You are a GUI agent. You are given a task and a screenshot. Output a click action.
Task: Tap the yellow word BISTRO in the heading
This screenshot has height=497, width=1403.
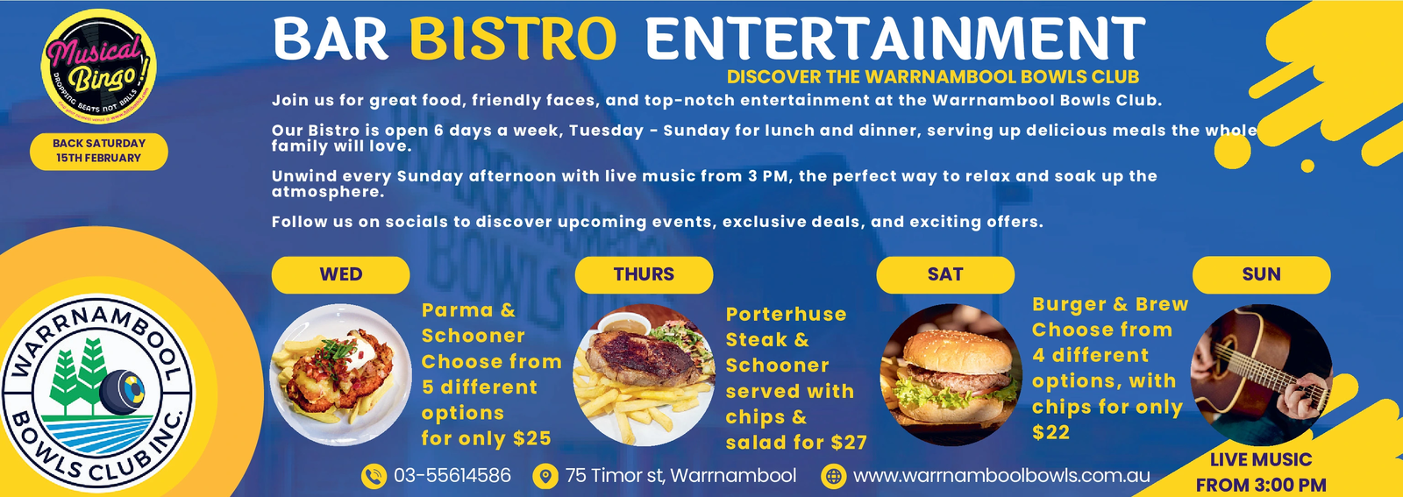tap(513, 39)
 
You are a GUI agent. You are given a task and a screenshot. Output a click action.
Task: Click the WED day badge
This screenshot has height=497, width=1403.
tap(340, 274)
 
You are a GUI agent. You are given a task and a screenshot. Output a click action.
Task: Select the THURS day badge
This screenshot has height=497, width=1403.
tap(644, 274)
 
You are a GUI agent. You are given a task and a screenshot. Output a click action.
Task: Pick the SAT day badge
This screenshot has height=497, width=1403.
tap(945, 274)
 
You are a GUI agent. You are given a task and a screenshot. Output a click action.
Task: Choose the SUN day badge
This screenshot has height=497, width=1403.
tap(1261, 274)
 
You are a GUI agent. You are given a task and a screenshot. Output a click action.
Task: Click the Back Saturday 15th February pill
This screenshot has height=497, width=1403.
tap(98, 151)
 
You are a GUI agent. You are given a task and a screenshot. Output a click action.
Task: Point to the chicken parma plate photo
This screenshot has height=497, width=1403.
tap(340, 374)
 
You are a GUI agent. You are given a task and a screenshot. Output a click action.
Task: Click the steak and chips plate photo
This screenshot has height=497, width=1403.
tap(644, 374)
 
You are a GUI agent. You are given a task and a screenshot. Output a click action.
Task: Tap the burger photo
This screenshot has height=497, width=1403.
tap(951, 374)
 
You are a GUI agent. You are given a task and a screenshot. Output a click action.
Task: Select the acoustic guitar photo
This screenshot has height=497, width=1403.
tap(1261, 374)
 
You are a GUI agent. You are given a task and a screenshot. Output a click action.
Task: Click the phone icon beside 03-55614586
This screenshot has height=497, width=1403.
tap(374, 476)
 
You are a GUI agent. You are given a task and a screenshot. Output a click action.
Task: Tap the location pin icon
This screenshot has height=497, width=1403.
tap(545, 476)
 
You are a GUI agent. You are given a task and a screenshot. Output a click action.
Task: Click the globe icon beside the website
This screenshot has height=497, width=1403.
tap(833, 476)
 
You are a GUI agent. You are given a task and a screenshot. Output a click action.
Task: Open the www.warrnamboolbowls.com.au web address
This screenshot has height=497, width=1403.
tap(1001, 476)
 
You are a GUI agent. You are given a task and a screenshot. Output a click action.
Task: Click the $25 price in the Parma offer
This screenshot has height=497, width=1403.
tap(532, 438)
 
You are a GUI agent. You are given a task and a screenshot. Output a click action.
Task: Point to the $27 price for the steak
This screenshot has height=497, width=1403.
tap(848, 443)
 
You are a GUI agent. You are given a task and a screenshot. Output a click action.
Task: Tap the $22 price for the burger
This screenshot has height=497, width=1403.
tap(1050, 432)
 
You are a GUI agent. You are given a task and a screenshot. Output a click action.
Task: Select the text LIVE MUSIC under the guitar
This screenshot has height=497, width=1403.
tap(1261, 459)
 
